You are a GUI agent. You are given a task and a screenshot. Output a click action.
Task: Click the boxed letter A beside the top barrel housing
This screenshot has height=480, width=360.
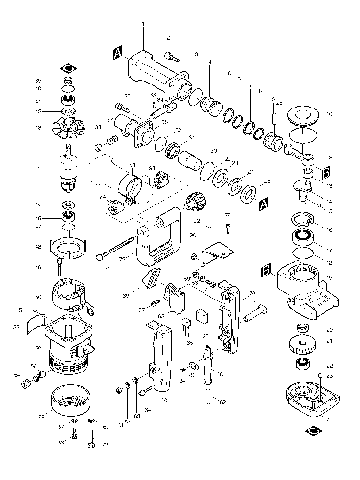click(117, 52)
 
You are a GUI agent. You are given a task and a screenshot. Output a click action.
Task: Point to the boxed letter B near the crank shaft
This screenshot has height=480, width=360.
click(327, 171)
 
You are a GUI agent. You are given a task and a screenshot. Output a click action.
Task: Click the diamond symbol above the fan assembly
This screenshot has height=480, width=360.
click(65, 68)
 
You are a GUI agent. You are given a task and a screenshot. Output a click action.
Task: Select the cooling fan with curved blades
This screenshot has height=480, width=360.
click(66, 124)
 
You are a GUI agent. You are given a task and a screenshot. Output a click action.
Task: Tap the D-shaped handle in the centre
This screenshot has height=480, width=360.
click(159, 235)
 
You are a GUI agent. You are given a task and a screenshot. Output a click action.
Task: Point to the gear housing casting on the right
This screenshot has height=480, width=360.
click(305, 288)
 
